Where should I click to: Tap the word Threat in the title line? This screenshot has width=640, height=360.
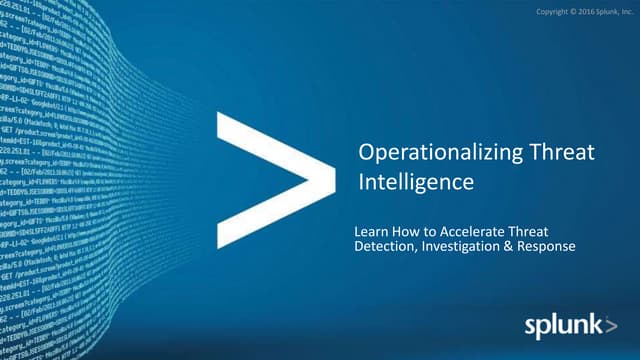(x=563, y=153)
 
